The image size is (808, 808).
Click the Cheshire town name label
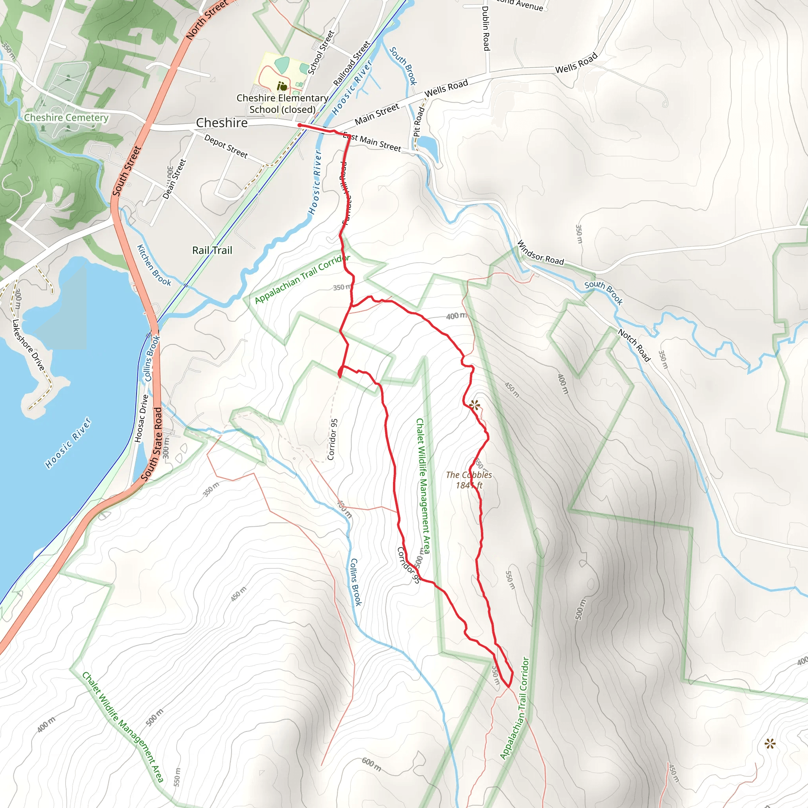[222, 123]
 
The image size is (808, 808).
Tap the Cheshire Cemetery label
[66, 118]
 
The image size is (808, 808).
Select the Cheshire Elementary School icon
[283, 86]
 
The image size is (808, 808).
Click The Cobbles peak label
[469, 480]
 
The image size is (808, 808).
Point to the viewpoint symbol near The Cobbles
[474, 405]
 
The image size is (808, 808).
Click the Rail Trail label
[212, 250]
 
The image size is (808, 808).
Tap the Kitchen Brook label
[154, 266]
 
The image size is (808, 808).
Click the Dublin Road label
[486, 28]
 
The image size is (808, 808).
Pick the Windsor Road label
[541, 252]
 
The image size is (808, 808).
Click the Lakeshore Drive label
[28, 345]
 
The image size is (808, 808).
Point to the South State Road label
[151, 444]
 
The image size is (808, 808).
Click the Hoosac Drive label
[141, 419]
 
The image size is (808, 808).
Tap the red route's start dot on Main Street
[299, 125]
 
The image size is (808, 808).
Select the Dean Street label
[174, 179]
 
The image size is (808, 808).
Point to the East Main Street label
[372, 142]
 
